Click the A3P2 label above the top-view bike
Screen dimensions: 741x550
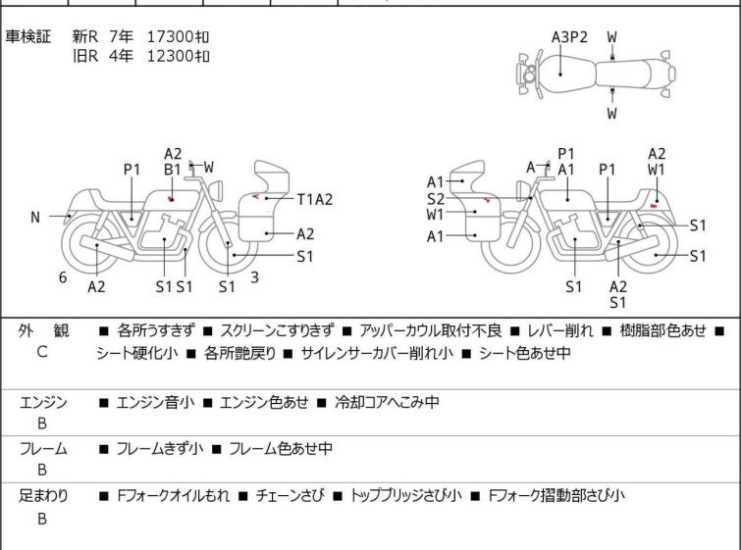point(569,37)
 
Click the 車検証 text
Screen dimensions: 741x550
point(27,36)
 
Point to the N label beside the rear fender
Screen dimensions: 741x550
point(35,218)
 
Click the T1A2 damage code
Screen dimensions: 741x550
point(315,199)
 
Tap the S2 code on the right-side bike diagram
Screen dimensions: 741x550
point(435,199)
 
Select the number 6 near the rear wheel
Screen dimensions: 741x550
point(63,277)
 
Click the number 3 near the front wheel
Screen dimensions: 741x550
point(254,277)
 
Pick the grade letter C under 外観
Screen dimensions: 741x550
point(42,352)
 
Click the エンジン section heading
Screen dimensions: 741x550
point(43,402)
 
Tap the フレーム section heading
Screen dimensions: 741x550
point(43,448)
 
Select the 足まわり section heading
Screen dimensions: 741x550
point(43,495)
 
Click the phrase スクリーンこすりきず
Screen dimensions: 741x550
point(277,330)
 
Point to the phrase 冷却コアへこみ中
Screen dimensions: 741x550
point(387,402)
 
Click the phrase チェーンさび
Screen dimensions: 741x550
point(290,495)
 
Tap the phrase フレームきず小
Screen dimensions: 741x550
point(160,448)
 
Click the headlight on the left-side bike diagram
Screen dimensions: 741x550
point(216,190)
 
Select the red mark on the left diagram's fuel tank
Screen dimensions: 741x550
point(170,199)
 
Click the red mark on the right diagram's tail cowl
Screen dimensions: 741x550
point(654,205)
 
